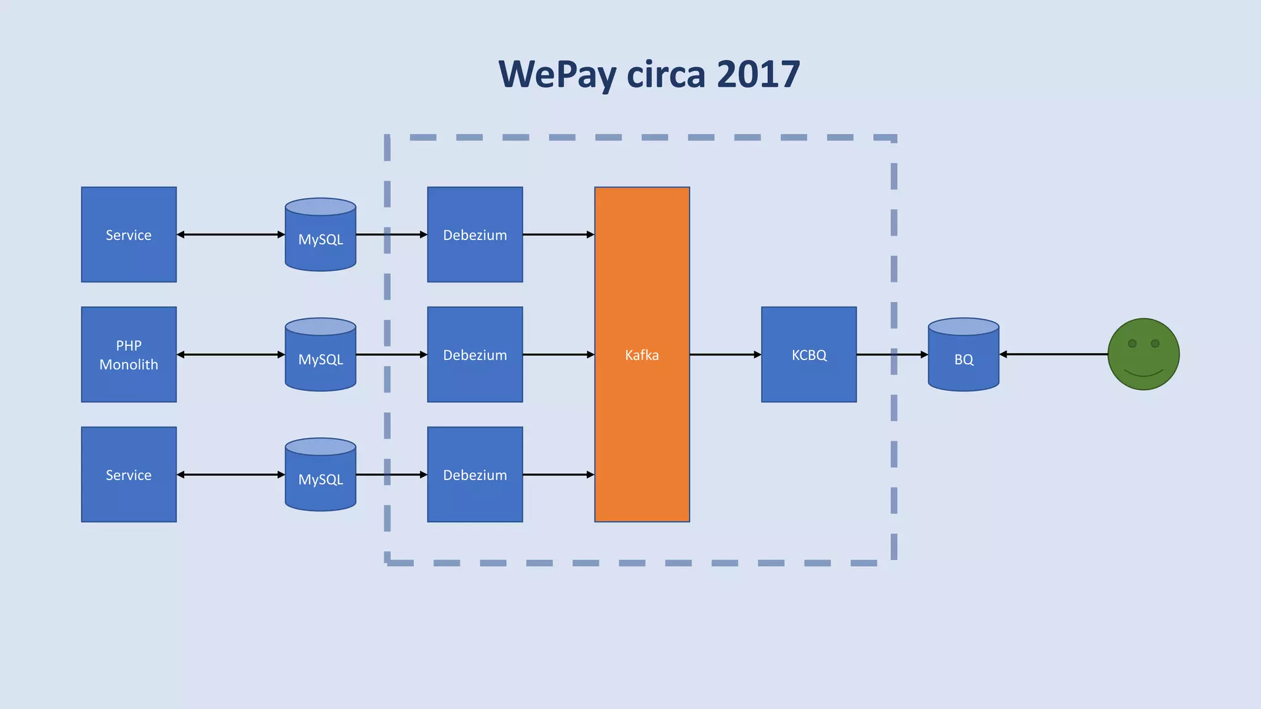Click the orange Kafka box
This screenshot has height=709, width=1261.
tap(642, 354)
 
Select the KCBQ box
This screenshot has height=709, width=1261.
tap(808, 354)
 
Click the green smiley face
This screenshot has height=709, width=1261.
tap(1143, 354)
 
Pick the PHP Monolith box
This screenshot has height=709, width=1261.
tap(129, 354)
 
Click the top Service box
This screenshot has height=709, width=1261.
tap(129, 234)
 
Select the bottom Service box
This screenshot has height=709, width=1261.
tap(129, 475)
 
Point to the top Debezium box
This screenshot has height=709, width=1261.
tap(475, 234)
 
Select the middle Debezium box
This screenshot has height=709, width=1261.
tap(475, 354)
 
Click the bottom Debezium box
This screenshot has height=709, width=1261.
tap(475, 475)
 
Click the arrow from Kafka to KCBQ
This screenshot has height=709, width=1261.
tap(725, 354)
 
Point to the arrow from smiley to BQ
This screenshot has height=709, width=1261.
tap(1053, 354)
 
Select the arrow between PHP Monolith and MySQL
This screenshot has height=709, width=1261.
tap(231, 354)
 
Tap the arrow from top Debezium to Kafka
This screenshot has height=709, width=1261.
tap(558, 234)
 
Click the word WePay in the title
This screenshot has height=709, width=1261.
tap(558, 75)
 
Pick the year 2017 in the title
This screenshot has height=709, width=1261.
tap(758, 75)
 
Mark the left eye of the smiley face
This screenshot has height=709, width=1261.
tap(1132, 343)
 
